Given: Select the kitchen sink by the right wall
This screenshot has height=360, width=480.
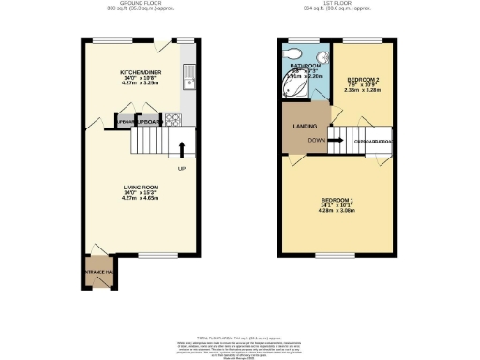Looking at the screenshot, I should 190,74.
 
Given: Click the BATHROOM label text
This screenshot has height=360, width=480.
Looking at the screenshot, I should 305,66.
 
